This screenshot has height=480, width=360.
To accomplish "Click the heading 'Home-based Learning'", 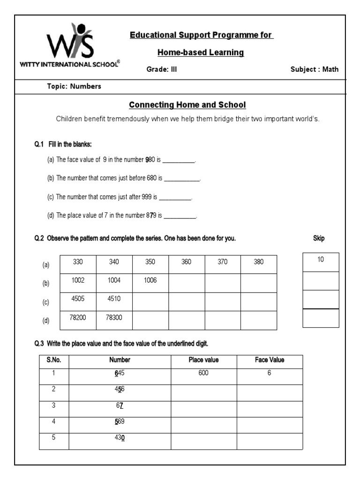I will tap(201, 52).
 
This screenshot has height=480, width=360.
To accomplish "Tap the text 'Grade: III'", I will tap(162, 70).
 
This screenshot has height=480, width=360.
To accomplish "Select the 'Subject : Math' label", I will tap(314, 70).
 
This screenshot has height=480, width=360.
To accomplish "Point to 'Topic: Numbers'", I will tap(74, 86).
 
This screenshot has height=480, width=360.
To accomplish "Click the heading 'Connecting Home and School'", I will tap(187, 105).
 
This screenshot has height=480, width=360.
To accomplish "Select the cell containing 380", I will tap(259, 262).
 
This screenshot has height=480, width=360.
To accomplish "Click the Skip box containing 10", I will tap(321, 262).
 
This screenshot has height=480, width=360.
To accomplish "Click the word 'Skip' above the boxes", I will tap(319, 239).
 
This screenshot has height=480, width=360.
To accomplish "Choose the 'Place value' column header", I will tap(203, 360).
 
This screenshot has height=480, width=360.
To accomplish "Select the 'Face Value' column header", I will tap(270, 360).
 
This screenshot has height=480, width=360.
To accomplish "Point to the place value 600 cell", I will tap(203, 374).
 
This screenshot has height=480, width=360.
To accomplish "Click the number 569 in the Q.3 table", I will tap(120, 421).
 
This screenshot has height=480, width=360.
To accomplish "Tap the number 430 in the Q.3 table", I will tap(120, 438).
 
